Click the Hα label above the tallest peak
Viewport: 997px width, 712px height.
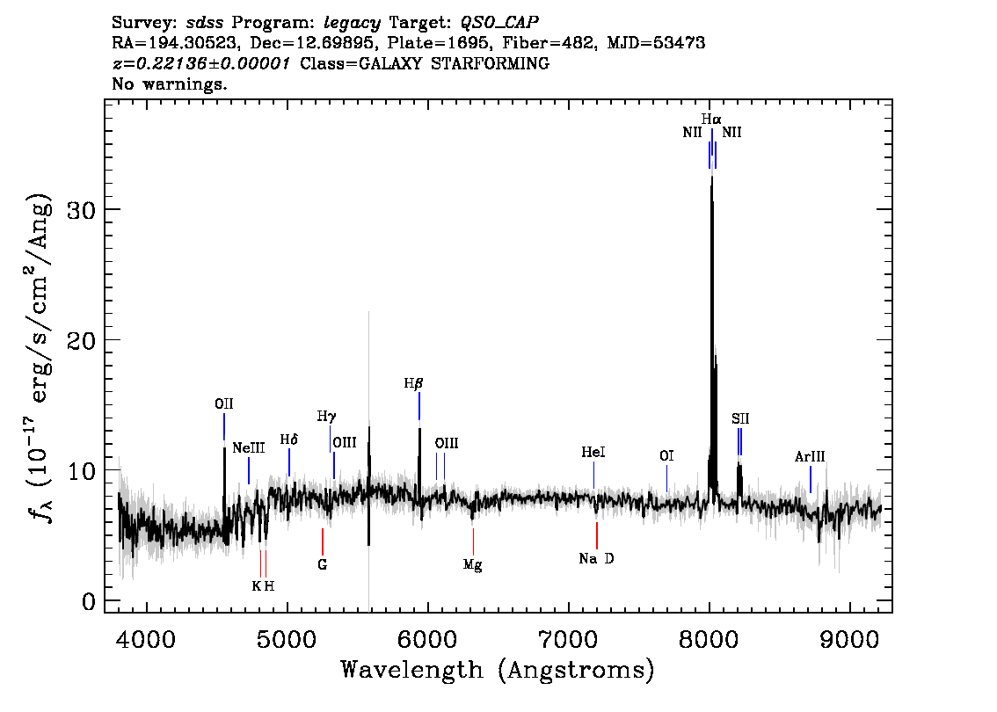711,119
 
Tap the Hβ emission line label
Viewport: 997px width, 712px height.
413,383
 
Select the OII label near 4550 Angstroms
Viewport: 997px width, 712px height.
224,403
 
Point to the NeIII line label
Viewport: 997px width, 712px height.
248,447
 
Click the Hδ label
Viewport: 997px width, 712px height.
288,440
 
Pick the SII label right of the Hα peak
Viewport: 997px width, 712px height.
740,418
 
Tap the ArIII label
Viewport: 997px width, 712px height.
810,456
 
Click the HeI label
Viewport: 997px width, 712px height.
593,452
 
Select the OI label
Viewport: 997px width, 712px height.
666,456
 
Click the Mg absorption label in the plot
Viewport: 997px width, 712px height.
472,564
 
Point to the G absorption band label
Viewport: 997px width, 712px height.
323,564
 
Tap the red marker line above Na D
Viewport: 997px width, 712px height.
596,535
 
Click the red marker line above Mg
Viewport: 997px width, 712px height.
473,541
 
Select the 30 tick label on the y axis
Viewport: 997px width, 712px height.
82,210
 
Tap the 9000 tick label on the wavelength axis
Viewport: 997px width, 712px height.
849,639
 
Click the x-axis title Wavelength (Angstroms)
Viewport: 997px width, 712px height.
498,670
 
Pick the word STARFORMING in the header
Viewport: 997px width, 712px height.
491,63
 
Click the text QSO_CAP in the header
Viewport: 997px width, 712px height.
499,22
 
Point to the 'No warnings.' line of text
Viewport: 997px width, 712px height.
169,84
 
